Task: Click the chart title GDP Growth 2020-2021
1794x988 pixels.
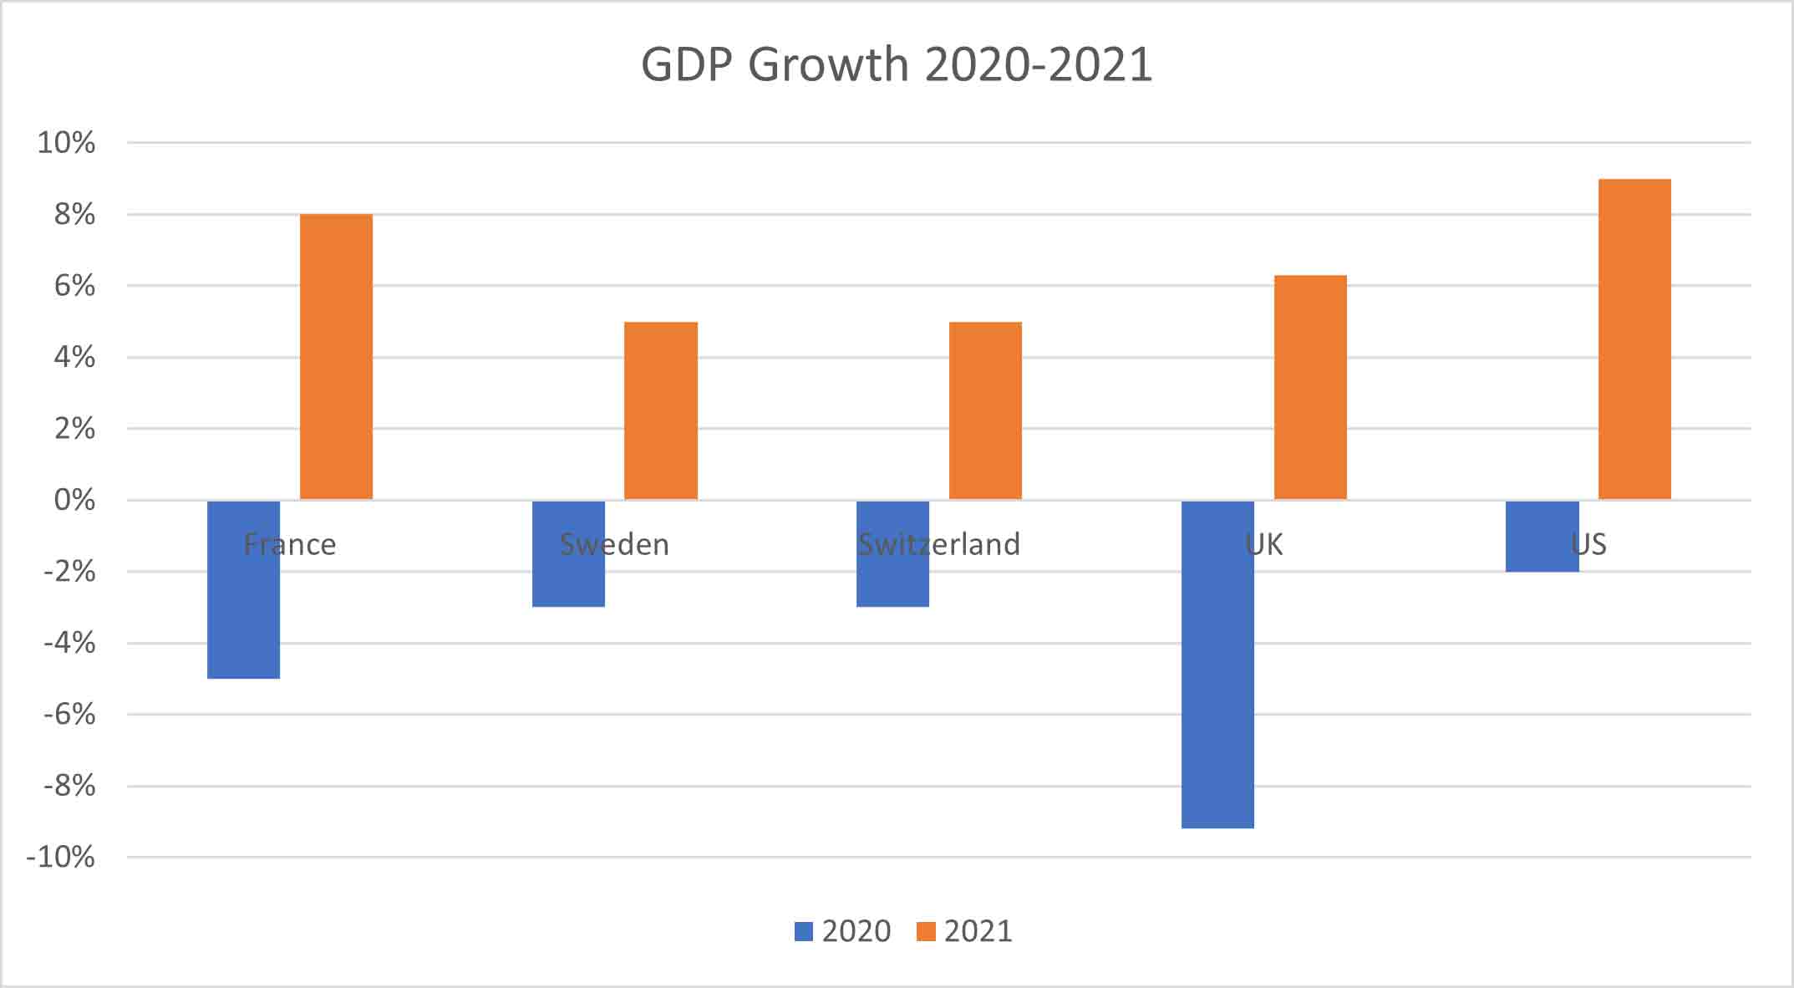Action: (x=896, y=64)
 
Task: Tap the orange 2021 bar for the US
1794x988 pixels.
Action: (x=1634, y=339)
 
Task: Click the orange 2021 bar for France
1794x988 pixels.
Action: (x=336, y=357)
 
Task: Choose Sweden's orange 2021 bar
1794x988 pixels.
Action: (x=661, y=410)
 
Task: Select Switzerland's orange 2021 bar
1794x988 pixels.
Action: (x=985, y=410)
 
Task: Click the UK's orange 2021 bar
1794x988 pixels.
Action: (x=1310, y=387)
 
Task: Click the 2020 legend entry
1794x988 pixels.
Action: (x=842, y=931)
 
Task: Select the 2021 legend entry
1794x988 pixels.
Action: (x=964, y=931)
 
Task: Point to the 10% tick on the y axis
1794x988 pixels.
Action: (x=66, y=143)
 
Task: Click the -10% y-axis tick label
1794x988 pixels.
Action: (x=60, y=858)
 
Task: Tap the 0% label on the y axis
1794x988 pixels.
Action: (x=74, y=501)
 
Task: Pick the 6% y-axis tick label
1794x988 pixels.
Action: (x=74, y=286)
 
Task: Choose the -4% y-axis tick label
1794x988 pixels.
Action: (x=69, y=644)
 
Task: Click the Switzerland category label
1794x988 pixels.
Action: (x=939, y=545)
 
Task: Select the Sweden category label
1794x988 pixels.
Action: (x=614, y=545)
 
